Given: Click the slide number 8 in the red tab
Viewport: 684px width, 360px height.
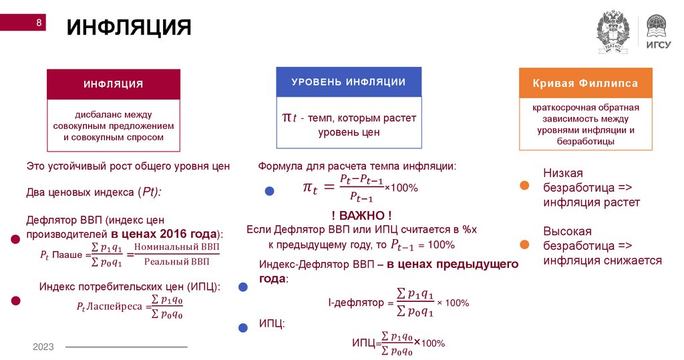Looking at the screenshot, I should coord(39,23).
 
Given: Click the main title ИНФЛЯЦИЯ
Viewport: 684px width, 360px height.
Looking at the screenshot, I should coord(128,28).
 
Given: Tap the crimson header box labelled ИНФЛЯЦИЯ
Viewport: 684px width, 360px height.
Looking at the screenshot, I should coord(113,84).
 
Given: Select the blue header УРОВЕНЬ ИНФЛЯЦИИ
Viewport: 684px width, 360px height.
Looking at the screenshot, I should coord(349,82).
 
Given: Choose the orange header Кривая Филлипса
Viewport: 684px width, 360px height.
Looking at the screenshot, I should coord(585,83).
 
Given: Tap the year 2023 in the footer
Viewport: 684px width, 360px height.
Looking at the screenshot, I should coord(43,347).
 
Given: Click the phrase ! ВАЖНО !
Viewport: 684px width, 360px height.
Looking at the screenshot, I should coord(361,215).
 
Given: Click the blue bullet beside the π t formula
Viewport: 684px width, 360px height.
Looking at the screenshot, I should coord(269,190).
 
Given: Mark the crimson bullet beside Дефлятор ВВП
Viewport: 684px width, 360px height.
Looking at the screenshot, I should coord(13,240).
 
